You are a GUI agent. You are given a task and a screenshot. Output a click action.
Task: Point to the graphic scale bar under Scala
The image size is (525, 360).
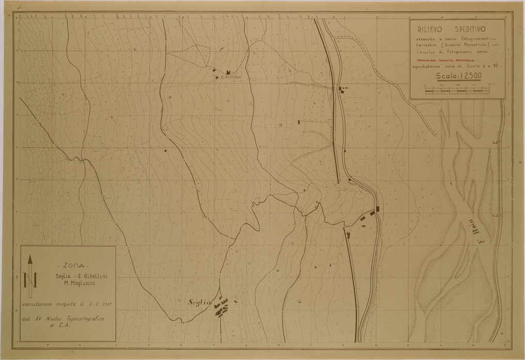(x=457, y=90)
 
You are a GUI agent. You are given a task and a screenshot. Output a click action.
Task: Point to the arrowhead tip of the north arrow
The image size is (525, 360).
(x=30, y=256)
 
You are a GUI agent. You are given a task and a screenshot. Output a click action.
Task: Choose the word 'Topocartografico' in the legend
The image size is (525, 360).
(x=83, y=319)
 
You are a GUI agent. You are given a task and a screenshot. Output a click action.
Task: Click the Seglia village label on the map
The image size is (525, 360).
(x=201, y=303)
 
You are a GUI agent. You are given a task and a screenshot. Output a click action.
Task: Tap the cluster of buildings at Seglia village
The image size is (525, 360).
(x=222, y=308)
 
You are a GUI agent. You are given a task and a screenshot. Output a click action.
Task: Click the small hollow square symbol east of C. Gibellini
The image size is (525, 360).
(x=281, y=125)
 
